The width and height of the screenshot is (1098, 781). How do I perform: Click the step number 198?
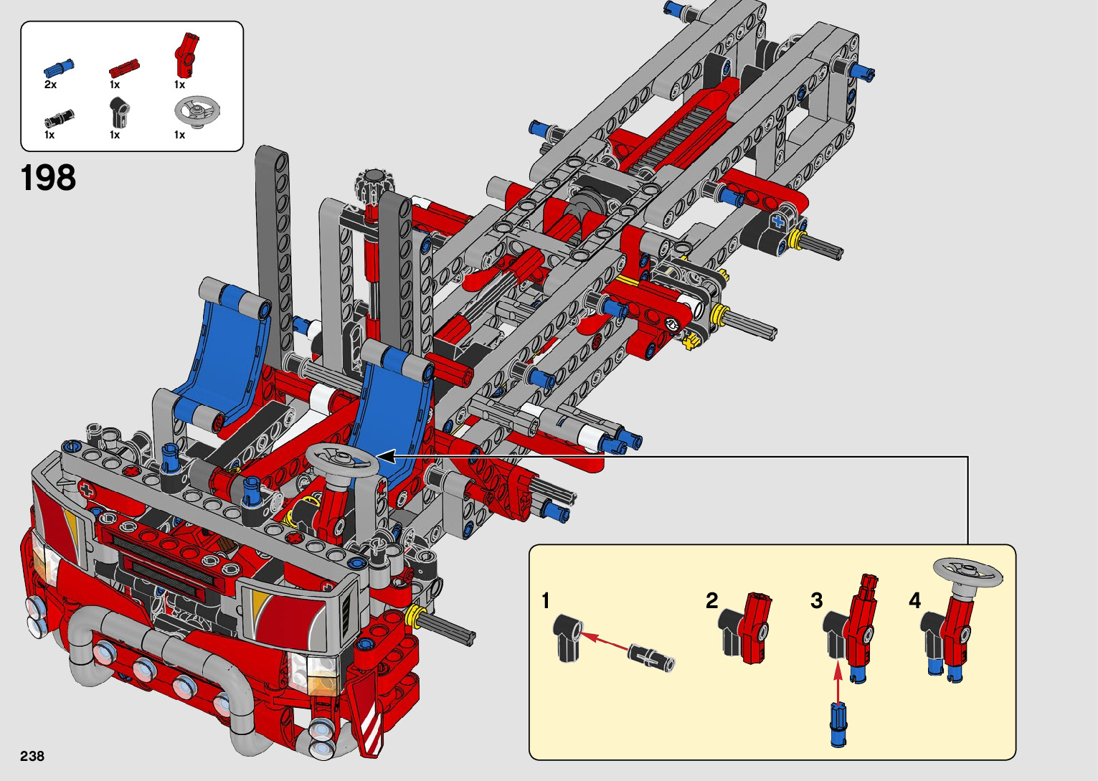tap(48, 177)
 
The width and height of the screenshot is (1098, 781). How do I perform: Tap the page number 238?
tap(32, 756)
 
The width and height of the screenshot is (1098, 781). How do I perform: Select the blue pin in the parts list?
tap(58, 68)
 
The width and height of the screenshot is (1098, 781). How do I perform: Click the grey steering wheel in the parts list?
tap(197, 111)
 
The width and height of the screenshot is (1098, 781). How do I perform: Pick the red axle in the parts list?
tap(125, 69)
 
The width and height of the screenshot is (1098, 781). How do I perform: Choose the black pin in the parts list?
tap(59, 118)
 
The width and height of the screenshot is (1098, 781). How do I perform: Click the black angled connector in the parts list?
tap(119, 112)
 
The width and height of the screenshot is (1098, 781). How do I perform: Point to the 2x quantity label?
tap(50, 85)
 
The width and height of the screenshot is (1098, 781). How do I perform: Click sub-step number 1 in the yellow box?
tap(546, 601)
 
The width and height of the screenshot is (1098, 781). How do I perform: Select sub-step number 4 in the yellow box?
tap(914, 600)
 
